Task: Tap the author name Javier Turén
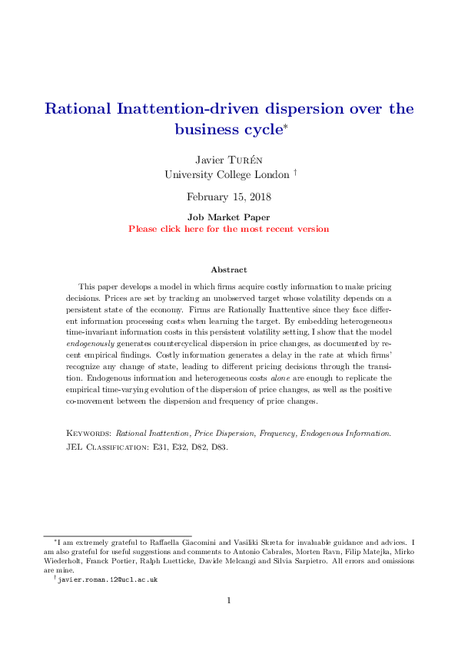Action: coord(229,159)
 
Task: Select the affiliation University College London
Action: coord(226,174)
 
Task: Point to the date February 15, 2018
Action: coord(229,197)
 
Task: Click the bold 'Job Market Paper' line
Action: coord(229,217)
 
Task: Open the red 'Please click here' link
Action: coord(229,229)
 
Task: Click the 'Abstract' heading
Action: coord(229,269)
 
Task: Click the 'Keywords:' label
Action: coord(89,434)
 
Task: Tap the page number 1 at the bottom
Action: coord(229,600)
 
